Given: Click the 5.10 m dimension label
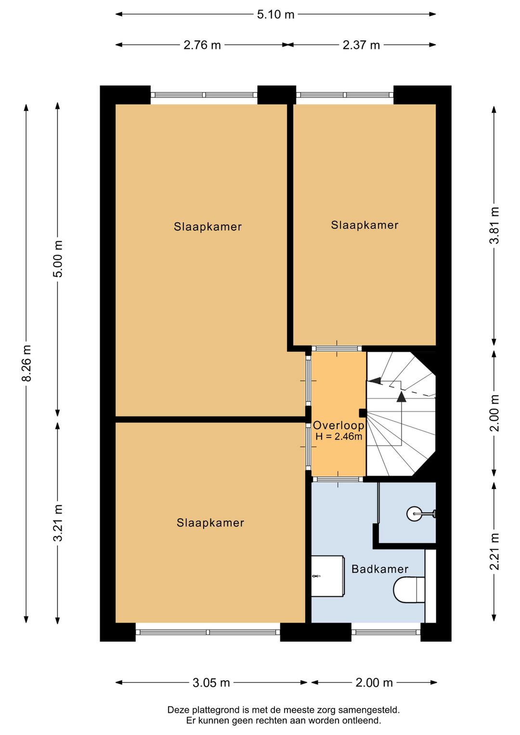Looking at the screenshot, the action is click(x=275, y=15).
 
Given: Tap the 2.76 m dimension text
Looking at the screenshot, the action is click(x=202, y=45).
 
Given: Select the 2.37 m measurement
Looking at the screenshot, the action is click(x=361, y=45).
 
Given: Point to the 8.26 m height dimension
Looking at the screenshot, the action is click(x=26, y=363).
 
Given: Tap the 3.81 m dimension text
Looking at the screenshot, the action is click(x=494, y=225).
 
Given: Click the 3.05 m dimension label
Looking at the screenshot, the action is click(x=211, y=683).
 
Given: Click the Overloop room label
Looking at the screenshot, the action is click(x=338, y=426).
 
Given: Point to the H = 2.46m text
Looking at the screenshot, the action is click(x=338, y=436).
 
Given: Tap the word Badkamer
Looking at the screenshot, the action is click(x=380, y=569).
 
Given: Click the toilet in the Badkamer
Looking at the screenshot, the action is click(x=409, y=590).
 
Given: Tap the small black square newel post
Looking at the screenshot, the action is click(x=363, y=412).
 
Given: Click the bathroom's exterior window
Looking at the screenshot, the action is click(x=386, y=632).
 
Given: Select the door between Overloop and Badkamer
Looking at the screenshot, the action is click(x=338, y=479).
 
